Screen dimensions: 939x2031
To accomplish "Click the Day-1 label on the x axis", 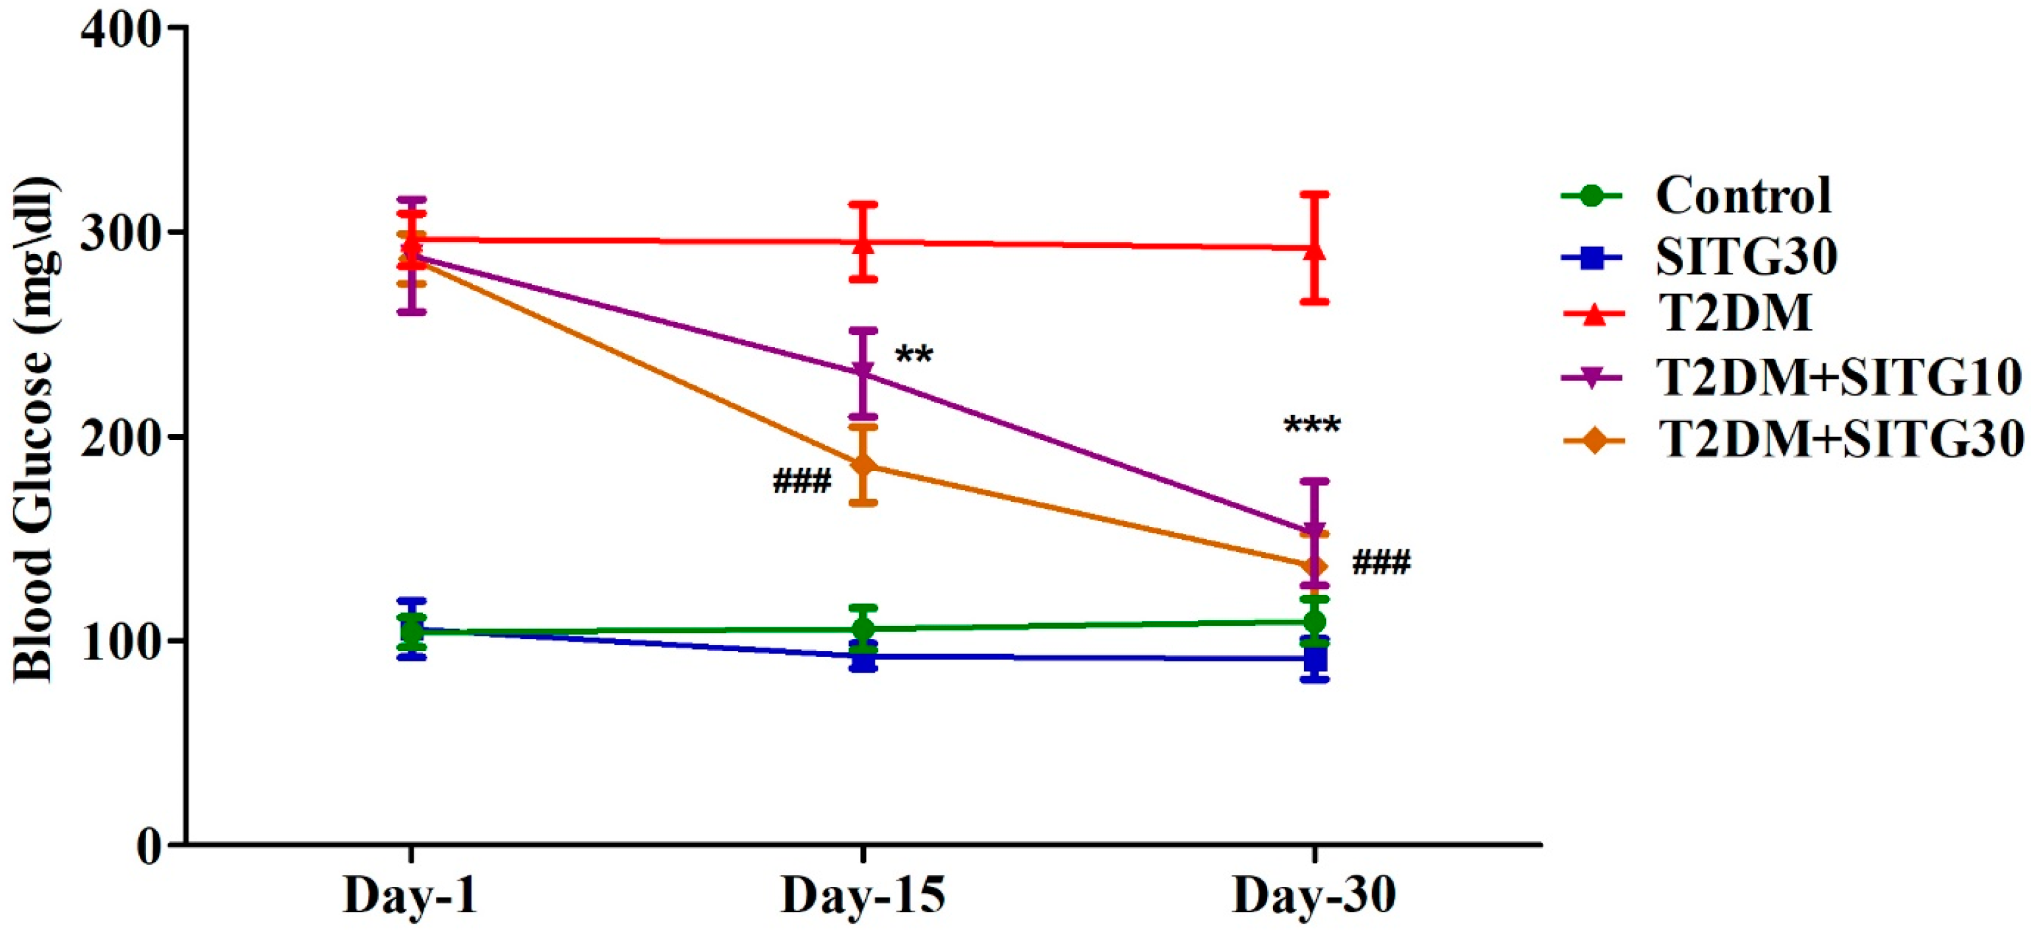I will (411, 895).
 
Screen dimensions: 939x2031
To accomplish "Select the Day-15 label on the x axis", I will (863, 895).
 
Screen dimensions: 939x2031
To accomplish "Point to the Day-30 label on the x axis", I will (1315, 895).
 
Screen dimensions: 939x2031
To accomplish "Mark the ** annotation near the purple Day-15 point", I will (914, 355).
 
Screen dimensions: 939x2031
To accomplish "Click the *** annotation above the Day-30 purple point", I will (1312, 427).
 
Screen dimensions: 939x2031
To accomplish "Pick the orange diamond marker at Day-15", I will (863, 465).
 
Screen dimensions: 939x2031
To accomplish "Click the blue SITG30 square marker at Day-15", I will (863, 657).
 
